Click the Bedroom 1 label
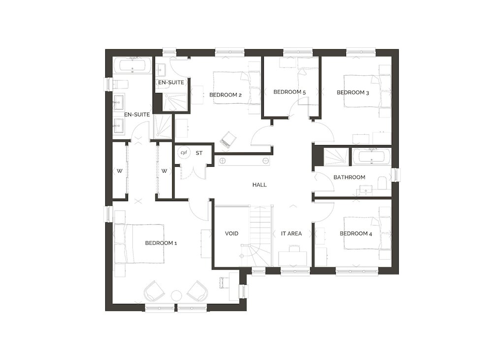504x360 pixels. [161, 243]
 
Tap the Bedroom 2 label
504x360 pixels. [225, 95]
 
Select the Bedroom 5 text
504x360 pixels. [289, 92]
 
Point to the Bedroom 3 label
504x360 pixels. [352, 92]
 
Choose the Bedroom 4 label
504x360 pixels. [356, 234]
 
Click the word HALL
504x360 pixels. [259, 184]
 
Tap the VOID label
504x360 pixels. [231, 234]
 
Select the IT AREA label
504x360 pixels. [291, 234]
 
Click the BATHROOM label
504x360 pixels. [349, 177]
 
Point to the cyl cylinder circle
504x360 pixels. [184, 153]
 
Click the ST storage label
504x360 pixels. [199, 153]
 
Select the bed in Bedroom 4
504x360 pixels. [367, 233]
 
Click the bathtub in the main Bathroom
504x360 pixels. [372, 157]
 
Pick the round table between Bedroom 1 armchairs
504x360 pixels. [176, 296]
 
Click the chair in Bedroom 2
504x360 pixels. [228, 140]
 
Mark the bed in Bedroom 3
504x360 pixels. [367, 91]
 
